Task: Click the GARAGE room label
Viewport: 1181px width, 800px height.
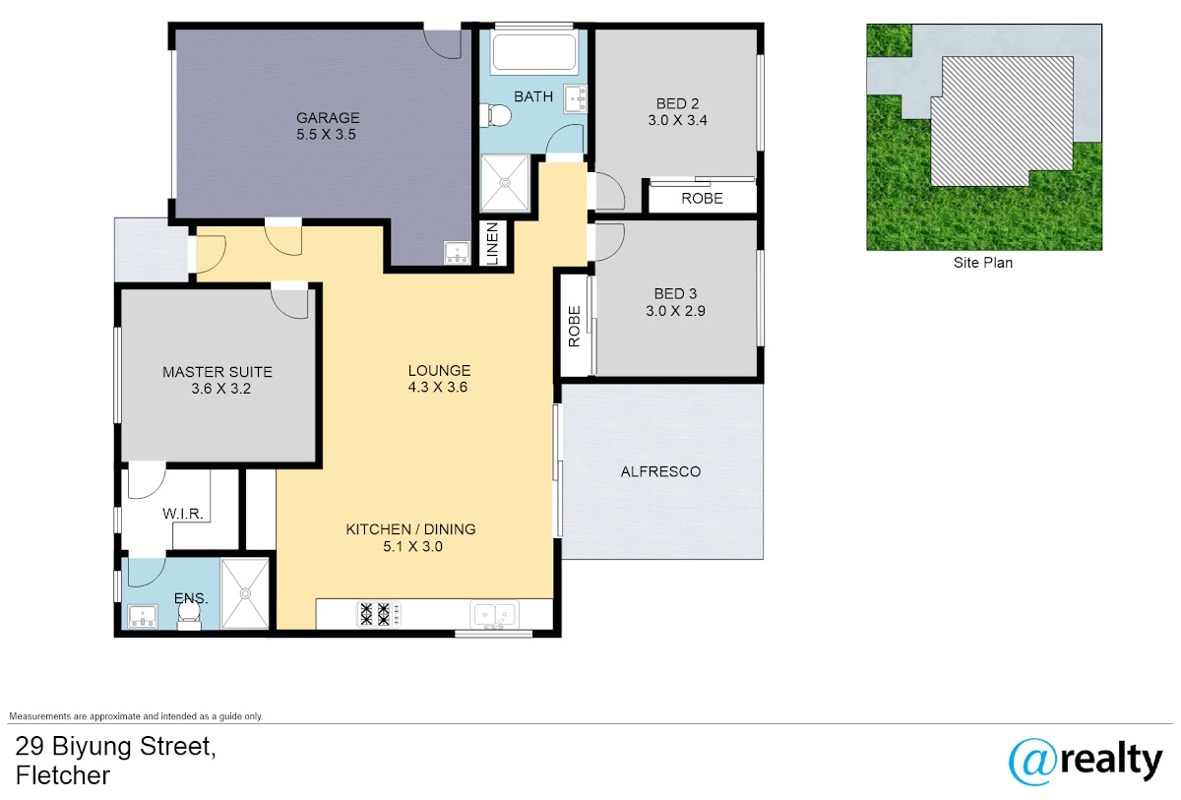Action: click(x=328, y=117)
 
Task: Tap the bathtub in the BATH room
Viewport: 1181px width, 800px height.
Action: click(x=533, y=51)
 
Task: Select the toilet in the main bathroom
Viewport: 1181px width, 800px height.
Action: click(x=495, y=115)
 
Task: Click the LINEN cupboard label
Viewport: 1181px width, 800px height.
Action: click(x=492, y=243)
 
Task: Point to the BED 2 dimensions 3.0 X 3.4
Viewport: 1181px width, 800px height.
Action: click(x=677, y=120)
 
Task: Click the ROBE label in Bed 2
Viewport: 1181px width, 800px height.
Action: click(x=702, y=199)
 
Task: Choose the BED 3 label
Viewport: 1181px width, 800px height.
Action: click(x=675, y=293)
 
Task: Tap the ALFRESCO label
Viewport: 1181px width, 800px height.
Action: click(x=660, y=471)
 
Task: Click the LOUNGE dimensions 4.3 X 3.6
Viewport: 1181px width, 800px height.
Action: click(x=438, y=388)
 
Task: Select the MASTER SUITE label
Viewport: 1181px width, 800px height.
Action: click(x=218, y=372)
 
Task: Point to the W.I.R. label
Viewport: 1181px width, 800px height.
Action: click(x=182, y=514)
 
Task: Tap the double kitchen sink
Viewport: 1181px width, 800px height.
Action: click(x=494, y=614)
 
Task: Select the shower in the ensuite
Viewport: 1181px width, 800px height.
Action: click(x=245, y=594)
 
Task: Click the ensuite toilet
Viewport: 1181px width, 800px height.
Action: click(x=189, y=616)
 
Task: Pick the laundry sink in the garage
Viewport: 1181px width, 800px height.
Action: click(x=457, y=252)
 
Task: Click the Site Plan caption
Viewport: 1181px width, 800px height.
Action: click(x=983, y=263)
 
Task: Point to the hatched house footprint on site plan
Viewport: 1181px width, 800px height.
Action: click(x=1001, y=121)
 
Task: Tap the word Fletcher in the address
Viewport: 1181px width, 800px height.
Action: click(x=63, y=775)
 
